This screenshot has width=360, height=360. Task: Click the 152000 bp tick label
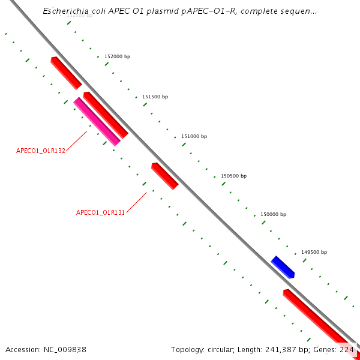point(117,56)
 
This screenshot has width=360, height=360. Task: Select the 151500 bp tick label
point(155,97)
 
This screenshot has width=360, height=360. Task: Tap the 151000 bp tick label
point(194,136)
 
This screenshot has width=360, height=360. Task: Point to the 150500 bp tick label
point(233,176)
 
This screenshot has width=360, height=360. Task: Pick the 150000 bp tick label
point(273,214)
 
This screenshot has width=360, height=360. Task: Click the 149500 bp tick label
point(314,253)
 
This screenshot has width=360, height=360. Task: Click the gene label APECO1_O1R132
point(41,151)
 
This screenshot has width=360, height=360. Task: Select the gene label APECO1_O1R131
point(100,212)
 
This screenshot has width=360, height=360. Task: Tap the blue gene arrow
point(283,267)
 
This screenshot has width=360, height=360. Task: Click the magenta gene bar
point(97,122)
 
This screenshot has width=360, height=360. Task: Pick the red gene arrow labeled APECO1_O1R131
point(165,176)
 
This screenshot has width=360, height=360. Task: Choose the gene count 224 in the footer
point(347,349)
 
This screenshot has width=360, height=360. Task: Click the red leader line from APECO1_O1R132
point(76,141)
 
